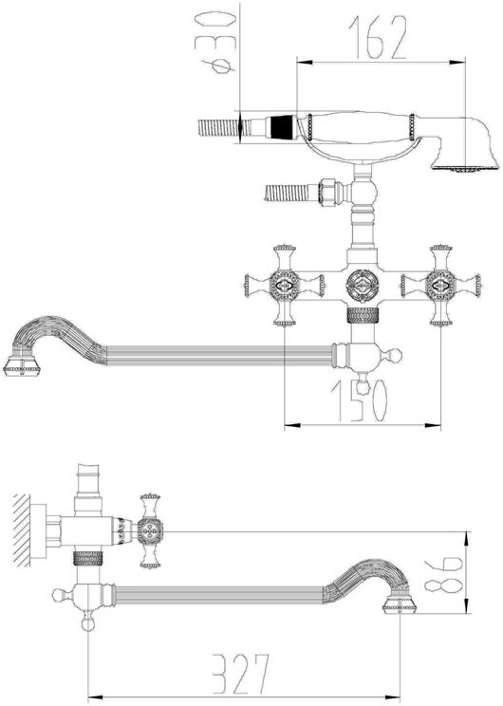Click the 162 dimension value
(378, 37)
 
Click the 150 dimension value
(360, 400)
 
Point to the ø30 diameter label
(216, 43)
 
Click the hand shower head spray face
(465, 169)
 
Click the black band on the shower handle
(282, 127)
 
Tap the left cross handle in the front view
(285, 285)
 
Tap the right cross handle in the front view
(441, 285)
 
